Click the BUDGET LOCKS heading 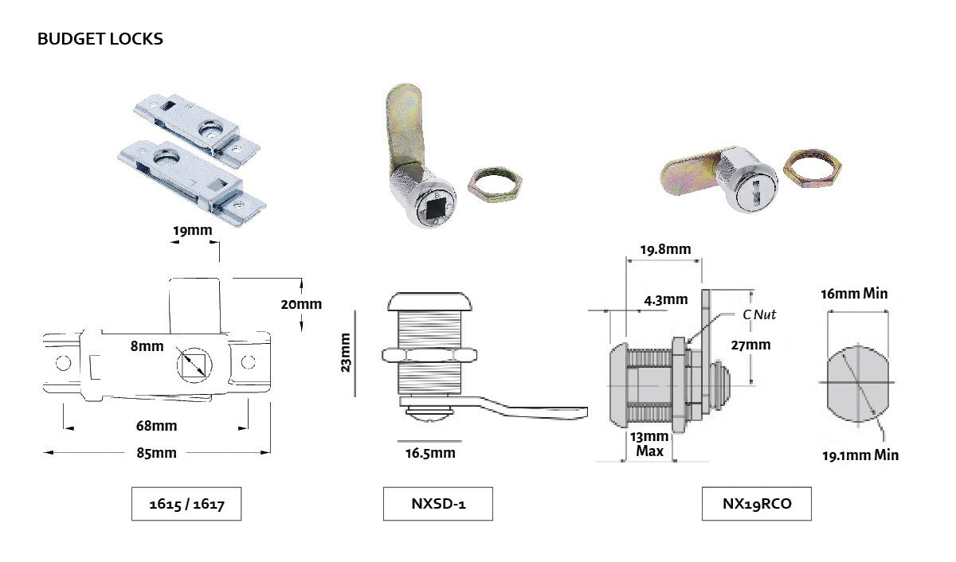click(x=100, y=38)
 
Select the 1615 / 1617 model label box click(x=186, y=503)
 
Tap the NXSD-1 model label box click(x=437, y=503)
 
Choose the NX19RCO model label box click(x=757, y=503)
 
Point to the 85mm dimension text click(x=156, y=453)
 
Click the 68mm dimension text click(x=156, y=426)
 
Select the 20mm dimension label click(x=302, y=304)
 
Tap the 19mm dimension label click(x=193, y=231)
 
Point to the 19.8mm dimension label click(x=665, y=249)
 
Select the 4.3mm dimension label click(x=665, y=300)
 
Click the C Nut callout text click(x=759, y=314)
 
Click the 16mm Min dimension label click(x=854, y=294)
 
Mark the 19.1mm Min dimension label click(x=861, y=455)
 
